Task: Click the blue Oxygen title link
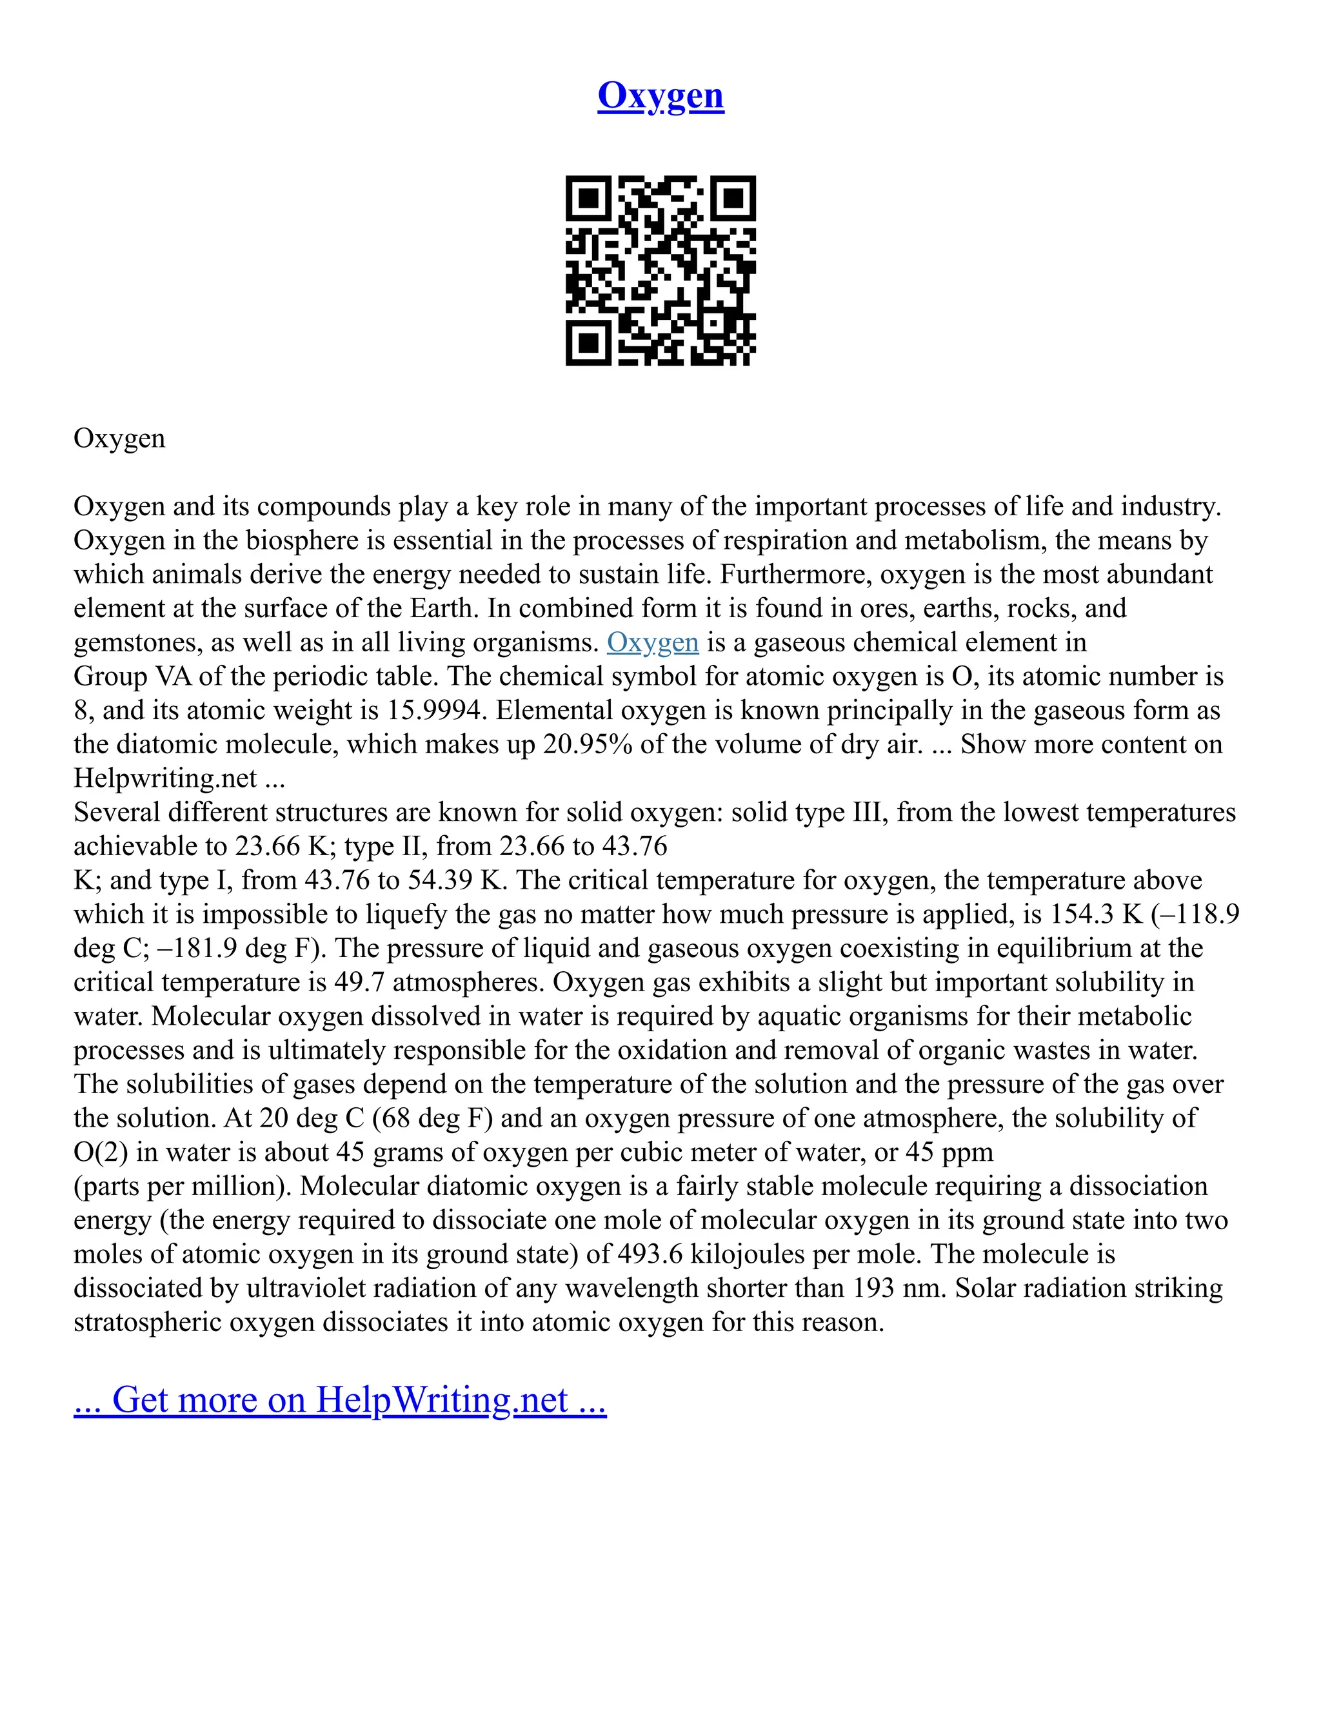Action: [x=660, y=95]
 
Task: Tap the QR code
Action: [x=660, y=270]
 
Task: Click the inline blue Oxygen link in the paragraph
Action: [x=652, y=642]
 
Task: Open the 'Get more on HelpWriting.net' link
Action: [x=340, y=1399]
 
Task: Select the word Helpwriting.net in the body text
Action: [x=165, y=778]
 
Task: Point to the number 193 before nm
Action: [x=873, y=1288]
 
